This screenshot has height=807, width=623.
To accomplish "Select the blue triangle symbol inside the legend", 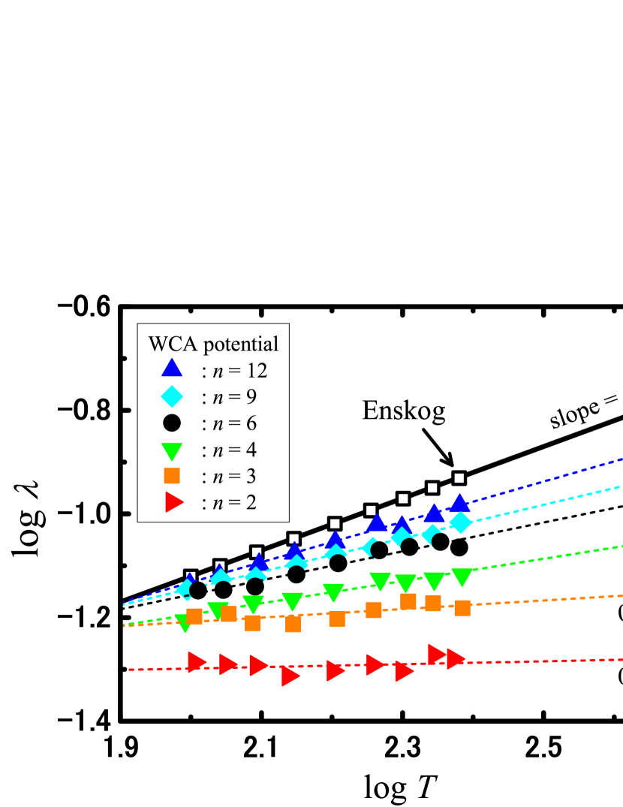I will point(172,368).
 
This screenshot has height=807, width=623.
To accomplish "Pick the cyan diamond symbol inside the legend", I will point(172,396).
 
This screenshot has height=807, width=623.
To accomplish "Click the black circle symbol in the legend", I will point(172,423).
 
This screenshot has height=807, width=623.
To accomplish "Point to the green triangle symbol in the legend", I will point(172,451).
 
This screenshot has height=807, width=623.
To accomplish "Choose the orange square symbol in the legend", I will point(172,475).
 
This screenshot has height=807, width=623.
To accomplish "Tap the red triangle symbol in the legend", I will point(173,502).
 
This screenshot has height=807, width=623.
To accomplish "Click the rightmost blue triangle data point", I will point(459,503).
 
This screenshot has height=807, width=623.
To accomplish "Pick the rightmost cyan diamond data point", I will point(460,522).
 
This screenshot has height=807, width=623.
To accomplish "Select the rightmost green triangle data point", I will point(462,577).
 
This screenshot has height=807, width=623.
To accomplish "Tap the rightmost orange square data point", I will point(462,607).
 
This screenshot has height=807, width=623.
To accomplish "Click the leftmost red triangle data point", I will point(196,661).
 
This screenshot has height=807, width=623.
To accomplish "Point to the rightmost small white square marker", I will point(459,478).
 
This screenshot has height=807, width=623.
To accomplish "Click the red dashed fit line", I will point(540,661).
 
